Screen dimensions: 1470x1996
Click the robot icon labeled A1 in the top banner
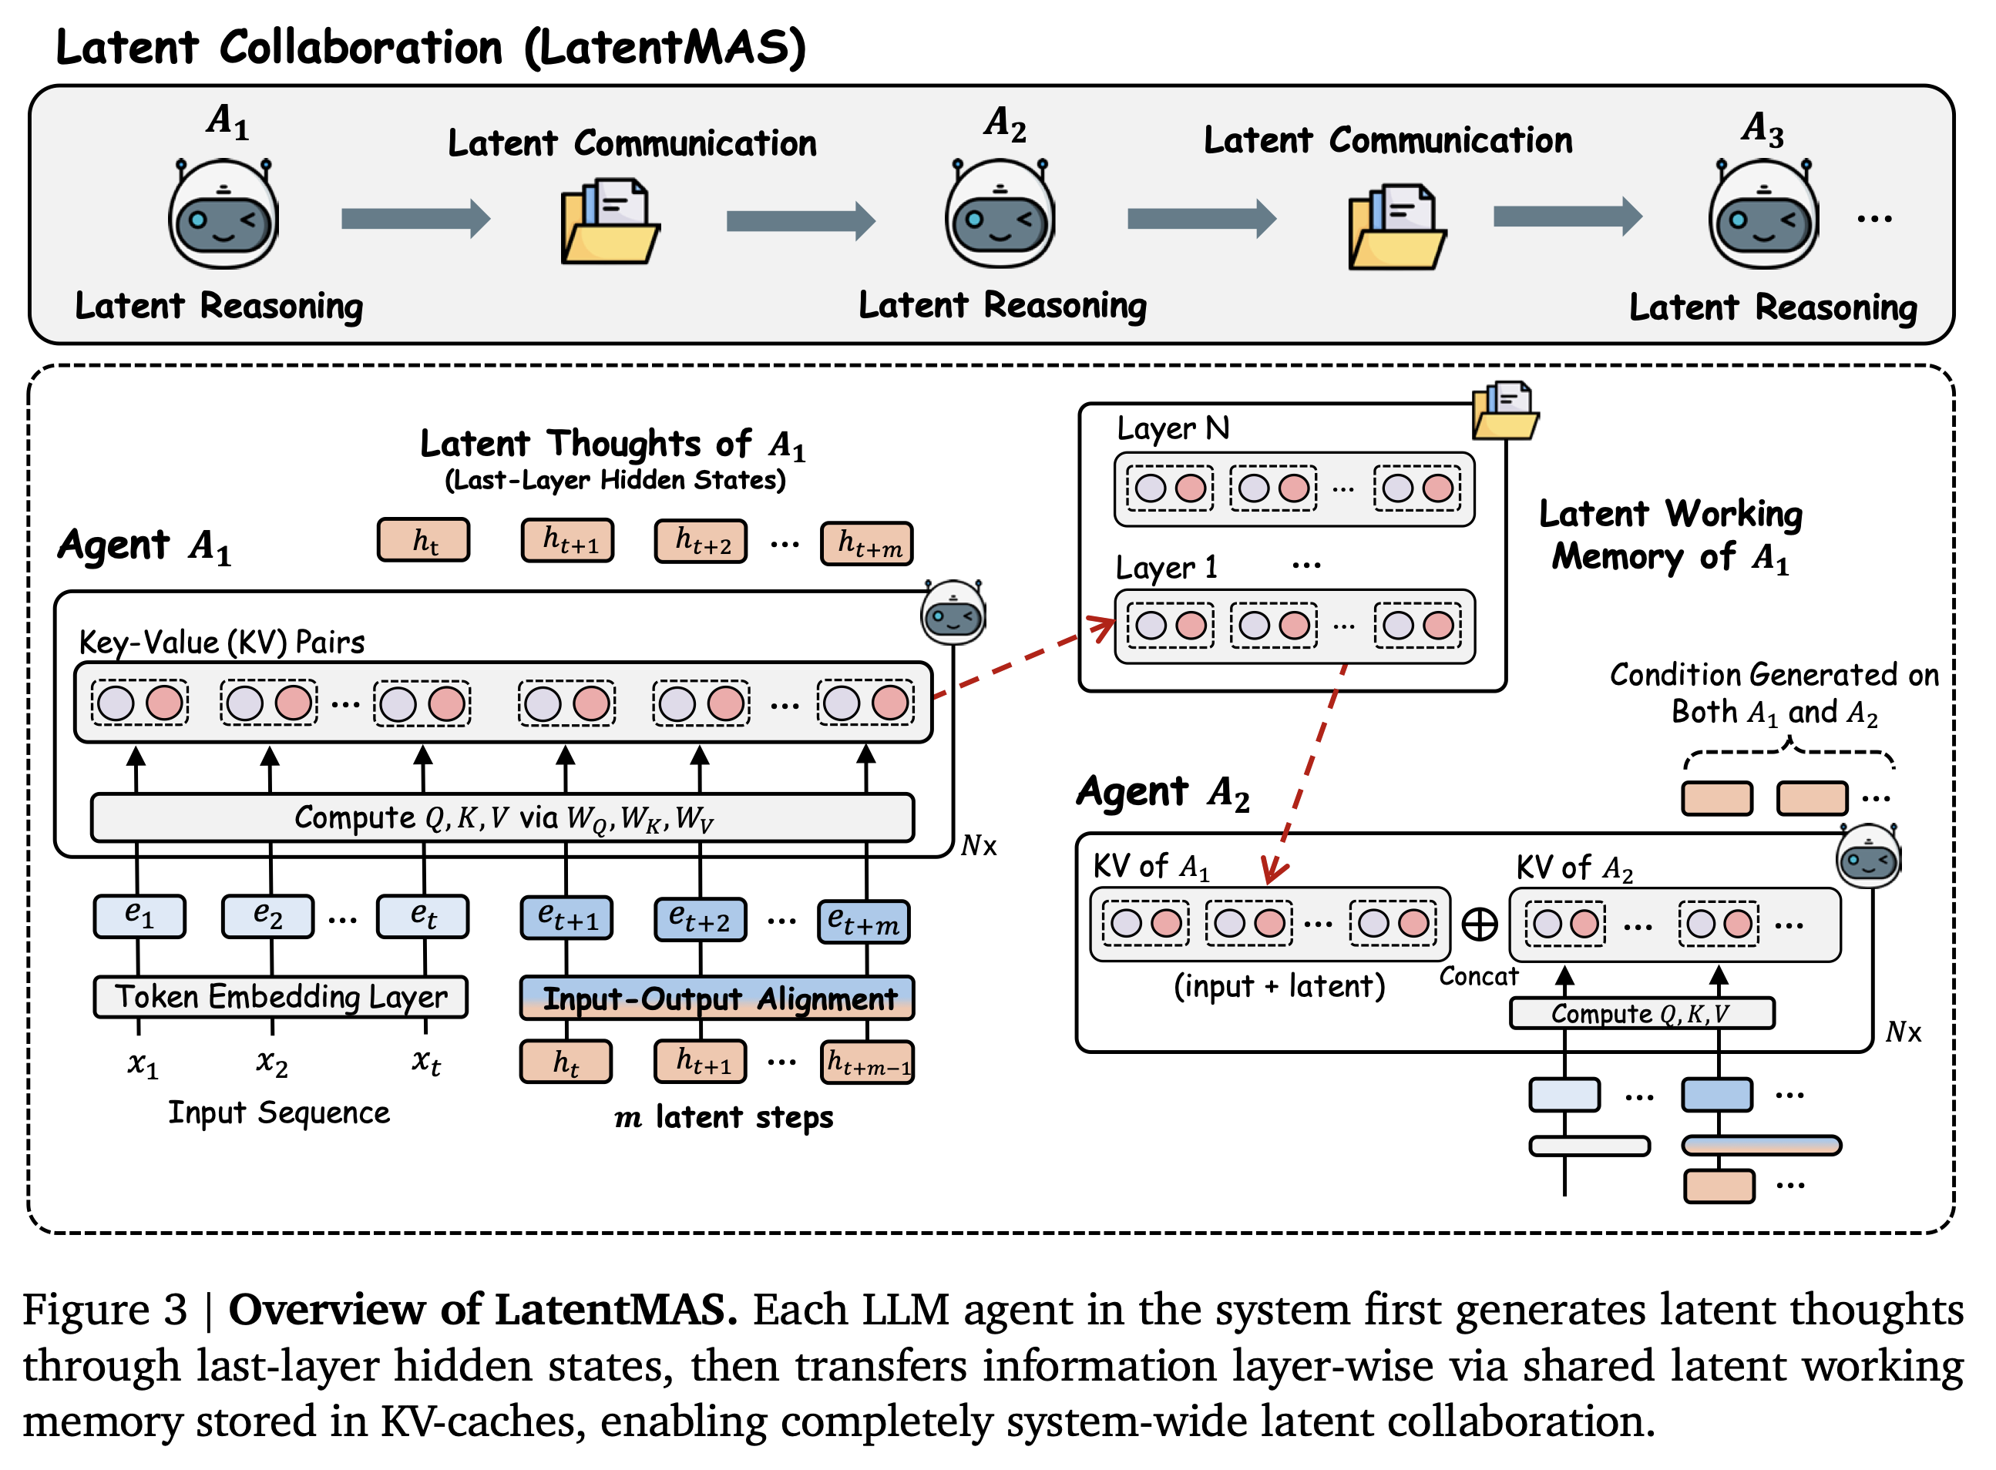223,214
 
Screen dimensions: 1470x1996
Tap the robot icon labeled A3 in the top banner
1762,214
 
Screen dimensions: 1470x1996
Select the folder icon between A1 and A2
610,223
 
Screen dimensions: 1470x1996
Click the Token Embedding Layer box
281,997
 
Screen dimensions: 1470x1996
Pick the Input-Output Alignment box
717,998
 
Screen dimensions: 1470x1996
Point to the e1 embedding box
139,915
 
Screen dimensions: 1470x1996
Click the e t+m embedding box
863,920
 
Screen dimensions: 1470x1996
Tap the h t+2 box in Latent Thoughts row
701,541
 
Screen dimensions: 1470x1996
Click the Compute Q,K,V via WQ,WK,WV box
502,817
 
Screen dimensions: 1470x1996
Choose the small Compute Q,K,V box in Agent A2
1641,1012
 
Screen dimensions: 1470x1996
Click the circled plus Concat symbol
1479,924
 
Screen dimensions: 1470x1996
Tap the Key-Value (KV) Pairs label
222,642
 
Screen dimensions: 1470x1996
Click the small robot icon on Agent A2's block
1868,856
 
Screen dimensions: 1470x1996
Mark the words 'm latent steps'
724,1116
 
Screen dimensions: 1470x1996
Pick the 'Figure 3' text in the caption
105,1309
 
